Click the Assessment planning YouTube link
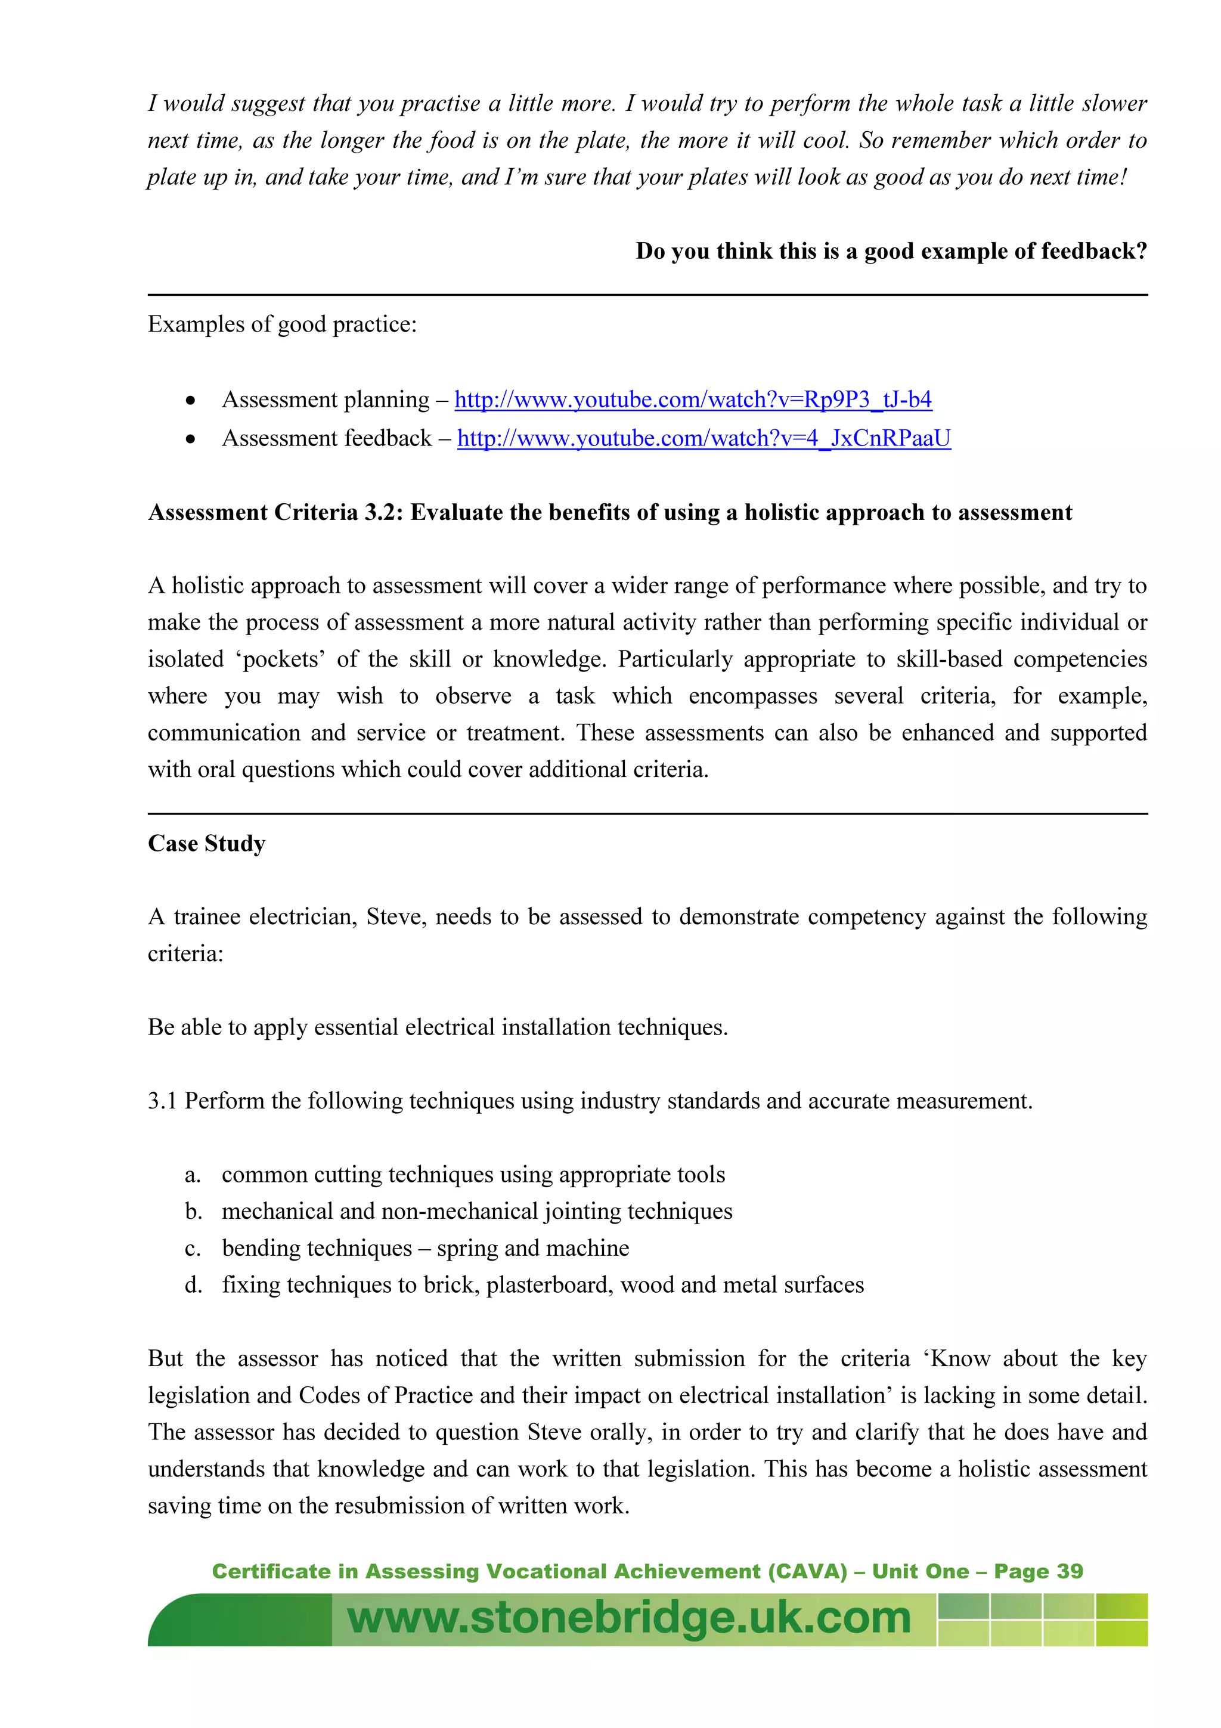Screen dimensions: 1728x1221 tap(692, 399)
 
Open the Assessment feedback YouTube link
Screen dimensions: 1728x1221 tap(704, 438)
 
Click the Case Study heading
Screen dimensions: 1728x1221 tap(206, 843)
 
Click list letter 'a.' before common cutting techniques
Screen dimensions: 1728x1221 tap(193, 1175)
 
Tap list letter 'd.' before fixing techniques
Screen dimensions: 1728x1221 tap(193, 1285)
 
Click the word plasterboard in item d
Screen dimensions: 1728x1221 tap(549, 1285)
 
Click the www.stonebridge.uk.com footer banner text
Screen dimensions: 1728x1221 tap(628, 1618)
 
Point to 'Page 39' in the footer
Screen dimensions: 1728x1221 tap(1038, 1571)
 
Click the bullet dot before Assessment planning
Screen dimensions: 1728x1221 tap(191, 400)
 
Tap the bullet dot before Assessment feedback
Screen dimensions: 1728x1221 tap(191, 439)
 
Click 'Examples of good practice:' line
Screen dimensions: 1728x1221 tap(282, 324)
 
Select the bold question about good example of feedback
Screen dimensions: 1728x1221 tap(891, 250)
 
